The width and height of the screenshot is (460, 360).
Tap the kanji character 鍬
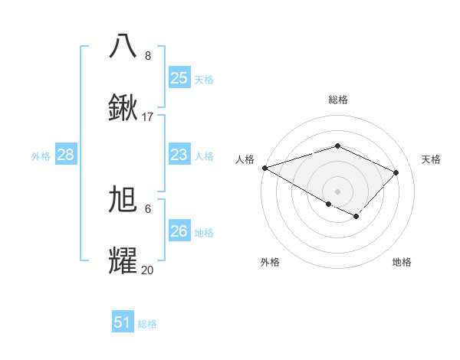[x=123, y=108]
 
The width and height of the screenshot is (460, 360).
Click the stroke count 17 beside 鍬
[x=148, y=117]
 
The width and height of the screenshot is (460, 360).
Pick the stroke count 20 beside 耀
[x=148, y=270]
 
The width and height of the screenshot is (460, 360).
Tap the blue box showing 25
[x=179, y=77]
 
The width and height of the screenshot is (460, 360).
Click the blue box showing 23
[x=179, y=155]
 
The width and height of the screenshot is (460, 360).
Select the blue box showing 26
[x=179, y=231]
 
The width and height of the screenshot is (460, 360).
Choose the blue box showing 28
[x=65, y=155]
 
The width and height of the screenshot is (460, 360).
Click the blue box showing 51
[x=122, y=322]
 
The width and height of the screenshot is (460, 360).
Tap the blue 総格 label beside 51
[x=147, y=324]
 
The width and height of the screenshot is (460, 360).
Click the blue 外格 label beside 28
[x=41, y=156]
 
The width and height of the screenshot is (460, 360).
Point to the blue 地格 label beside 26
[x=204, y=232]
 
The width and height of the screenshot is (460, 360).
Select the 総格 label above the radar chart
[x=337, y=100]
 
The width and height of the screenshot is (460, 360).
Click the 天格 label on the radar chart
[x=431, y=159]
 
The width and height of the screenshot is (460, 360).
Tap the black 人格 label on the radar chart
[x=245, y=159]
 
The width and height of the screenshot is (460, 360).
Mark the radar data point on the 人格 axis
[x=264, y=168]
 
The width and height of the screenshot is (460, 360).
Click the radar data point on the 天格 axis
[x=396, y=172]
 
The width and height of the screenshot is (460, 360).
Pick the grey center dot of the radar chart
[x=337, y=191]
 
